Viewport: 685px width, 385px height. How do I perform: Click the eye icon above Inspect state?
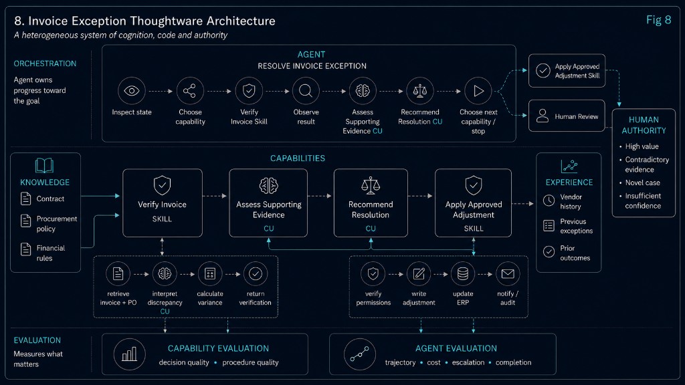point(132,91)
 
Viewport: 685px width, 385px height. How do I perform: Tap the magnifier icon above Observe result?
point(306,91)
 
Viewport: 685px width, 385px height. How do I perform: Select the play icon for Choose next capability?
point(478,91)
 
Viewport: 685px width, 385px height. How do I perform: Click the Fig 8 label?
point(658,20)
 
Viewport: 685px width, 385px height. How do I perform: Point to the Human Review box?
point(567,116)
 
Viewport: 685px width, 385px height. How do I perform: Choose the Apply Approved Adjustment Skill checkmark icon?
point(543,71)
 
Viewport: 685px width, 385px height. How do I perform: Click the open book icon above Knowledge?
point(45,166)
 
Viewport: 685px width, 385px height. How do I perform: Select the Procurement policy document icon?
point(26,221)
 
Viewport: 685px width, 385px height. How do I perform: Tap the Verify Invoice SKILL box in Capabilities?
point(163,203)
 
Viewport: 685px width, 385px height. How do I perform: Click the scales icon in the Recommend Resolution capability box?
point(371,186)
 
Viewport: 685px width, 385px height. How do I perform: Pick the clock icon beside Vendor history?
point(549,201)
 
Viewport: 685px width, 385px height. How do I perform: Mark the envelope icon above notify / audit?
point(508,273)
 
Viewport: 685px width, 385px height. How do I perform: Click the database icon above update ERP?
point(463,273)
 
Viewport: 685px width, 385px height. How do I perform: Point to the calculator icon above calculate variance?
point(210,273)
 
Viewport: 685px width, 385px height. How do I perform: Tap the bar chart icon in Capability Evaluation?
point(129,354)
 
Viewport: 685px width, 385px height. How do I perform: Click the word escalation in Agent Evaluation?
point(468,362)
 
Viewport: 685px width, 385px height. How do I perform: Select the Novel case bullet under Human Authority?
point(642,182)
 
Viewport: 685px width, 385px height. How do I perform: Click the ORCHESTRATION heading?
point(45,63)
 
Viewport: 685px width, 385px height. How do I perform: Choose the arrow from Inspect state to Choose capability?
point(161,91)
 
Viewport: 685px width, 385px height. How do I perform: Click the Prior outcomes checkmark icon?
point(549,252)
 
